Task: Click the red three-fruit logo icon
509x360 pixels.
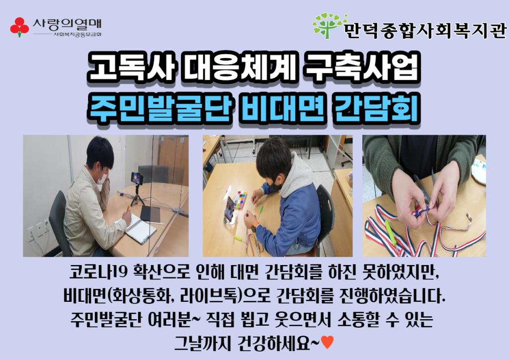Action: [19, 27]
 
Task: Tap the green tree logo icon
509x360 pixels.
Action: [329, 25]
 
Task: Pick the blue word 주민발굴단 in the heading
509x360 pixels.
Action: [161, 108]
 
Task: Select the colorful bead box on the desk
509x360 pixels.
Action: [240, 200]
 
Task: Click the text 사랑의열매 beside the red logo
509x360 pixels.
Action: [67, 24]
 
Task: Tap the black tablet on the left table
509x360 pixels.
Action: [150, 214]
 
